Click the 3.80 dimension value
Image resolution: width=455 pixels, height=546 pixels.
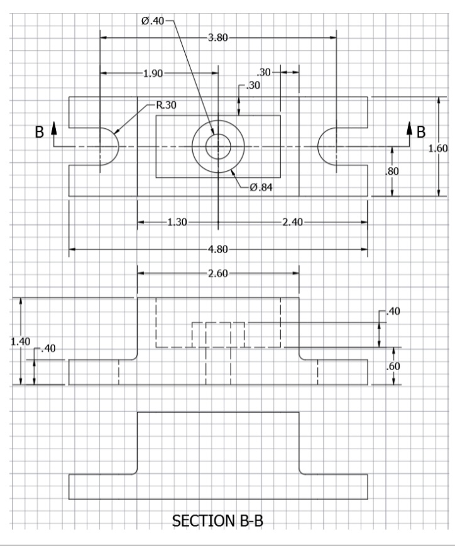tap(217, 38)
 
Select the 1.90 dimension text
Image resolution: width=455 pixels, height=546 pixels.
tap(153, 74)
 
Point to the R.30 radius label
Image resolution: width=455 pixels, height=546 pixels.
tap(166, 105)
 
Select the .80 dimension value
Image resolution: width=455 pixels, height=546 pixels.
tap(400, 170)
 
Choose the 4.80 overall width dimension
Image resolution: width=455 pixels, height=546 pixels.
tap(217, 249)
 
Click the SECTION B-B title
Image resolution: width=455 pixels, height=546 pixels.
tap(217, 520)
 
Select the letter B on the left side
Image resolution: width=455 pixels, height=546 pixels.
tap(39, 133)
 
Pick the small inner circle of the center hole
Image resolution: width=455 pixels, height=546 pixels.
tap(217, 147)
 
